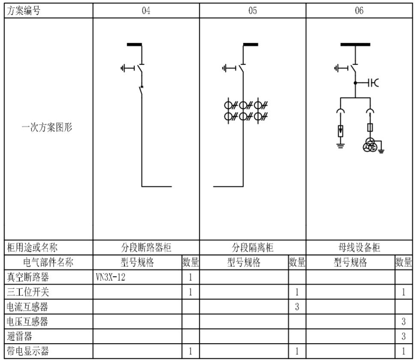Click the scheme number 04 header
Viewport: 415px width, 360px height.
[x=146, y=11]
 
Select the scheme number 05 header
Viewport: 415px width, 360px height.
[x=253, y=11]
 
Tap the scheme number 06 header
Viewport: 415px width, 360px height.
[x=359, y=11]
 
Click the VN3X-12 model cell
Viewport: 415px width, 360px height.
[x=110, y=277]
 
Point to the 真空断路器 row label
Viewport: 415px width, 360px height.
[x=28, y=277]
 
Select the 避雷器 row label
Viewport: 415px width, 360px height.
[x=19, y=336]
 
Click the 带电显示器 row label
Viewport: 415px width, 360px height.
[x=28, y=351]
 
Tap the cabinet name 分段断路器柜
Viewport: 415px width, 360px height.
[x=146, y=248]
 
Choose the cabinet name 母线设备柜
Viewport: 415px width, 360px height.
[x=359, y=248]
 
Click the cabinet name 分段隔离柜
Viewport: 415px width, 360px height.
[x=253, y=248]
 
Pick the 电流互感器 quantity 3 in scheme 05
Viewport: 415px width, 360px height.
[x=297, y=307]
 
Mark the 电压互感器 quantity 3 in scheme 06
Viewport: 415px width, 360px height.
[x=403, y=322]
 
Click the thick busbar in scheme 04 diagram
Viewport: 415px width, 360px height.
[x=134, y=45]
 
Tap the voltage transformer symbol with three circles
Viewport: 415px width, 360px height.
[x=370, y=145]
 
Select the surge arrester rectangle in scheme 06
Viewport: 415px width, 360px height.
[x=341, y=131]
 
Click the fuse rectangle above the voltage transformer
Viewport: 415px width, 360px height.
[x=370, y=127]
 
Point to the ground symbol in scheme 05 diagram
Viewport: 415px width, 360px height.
[x=225, y=69]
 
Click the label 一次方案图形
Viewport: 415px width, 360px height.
[x=47, y=127]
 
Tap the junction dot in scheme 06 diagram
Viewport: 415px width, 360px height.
[x=355, y=83]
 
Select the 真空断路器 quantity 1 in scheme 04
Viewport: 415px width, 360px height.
[x=190, y=277]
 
